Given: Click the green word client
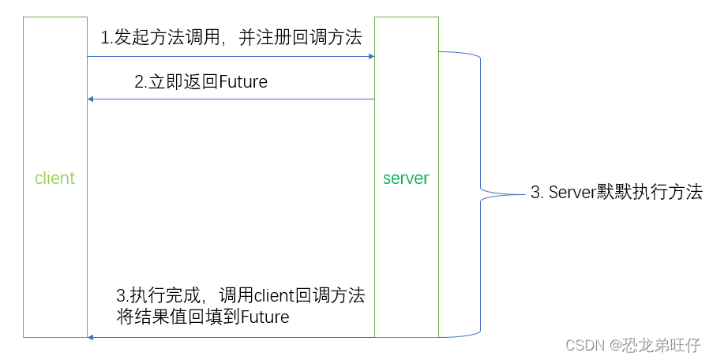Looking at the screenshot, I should (x=54, y=178).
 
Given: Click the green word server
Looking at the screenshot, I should (x=406, y=178).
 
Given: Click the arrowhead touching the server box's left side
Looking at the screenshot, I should (x=370, y=57).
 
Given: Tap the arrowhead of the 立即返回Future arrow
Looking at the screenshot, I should (x=92, y=99).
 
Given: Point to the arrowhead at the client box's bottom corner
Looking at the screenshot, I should (x=92, y=337).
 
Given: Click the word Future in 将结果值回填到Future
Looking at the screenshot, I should (x=265, y=317).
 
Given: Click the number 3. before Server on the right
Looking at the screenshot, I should (x=536, y=192).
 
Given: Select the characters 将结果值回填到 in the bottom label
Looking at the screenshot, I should (x=178, y=317).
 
